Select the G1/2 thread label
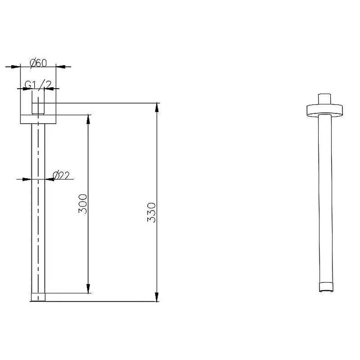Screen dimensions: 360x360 click(x=38, y=85)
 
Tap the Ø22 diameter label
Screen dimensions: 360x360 click(x=61, y=175)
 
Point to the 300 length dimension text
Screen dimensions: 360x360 click(x=83, y=204)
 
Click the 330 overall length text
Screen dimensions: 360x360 click(x=151, y=212)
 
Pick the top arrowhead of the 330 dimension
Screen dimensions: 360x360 click(x=157, y=108)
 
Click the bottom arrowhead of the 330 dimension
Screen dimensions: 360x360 click(x=157, y=297)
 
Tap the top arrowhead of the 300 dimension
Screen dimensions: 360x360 click(x=88, y=119)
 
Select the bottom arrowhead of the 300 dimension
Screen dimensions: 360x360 click(x=88, y=288)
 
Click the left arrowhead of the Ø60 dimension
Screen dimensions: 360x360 click(x=16, y=67)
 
